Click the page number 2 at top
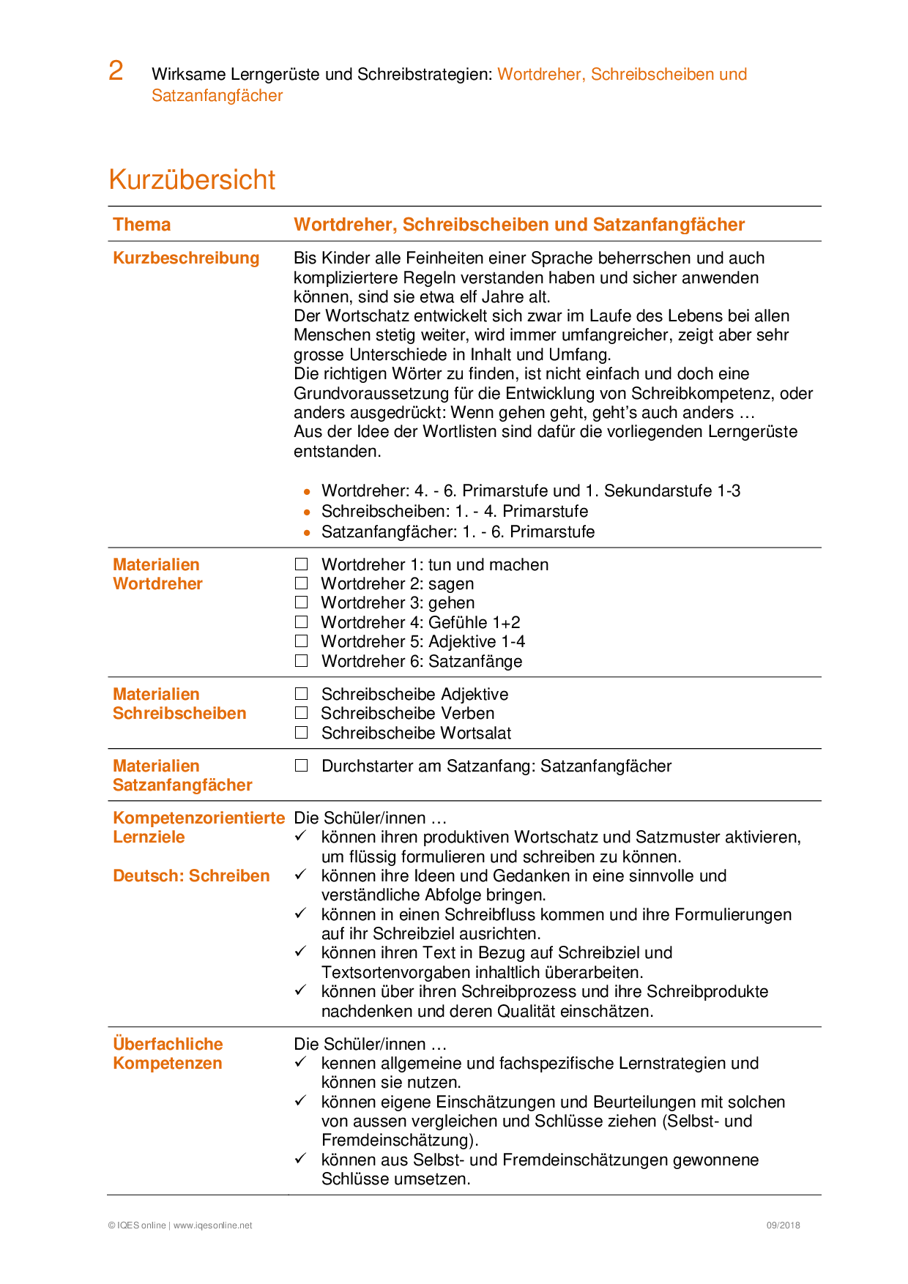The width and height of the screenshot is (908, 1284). [x=116, y=71]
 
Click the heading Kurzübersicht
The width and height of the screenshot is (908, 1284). [x=192, y=179]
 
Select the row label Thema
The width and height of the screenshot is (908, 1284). [x=141, y=225]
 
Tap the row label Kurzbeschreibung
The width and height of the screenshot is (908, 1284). [x=186, y=258]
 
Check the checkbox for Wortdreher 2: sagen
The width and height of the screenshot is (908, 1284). [x=301, y=583]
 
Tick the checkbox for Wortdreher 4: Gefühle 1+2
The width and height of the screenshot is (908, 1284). [x=301, y=622]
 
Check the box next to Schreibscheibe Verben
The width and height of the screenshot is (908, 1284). [x=301, y=713]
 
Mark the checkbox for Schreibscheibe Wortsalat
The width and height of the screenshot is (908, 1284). [x=301, y=733]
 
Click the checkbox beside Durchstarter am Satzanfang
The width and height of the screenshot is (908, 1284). [x=301, y=766]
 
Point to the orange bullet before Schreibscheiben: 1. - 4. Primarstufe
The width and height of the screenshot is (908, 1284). [x=307, y=512]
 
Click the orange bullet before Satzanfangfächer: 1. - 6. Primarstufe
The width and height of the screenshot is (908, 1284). [x=307, y=533]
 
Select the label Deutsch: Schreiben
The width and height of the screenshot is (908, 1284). [x=191, y=876]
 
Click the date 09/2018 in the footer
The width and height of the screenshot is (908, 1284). [x=783, y=1225]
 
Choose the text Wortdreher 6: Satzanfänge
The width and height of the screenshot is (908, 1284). [x=422, y=661]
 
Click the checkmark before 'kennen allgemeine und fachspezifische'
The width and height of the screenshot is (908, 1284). [x=300, y=1062]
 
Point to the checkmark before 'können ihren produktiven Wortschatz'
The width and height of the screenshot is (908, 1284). [x=300, y=836]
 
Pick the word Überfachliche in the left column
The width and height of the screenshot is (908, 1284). [x=168, y=1044]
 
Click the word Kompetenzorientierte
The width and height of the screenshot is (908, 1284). [x=198, y=818]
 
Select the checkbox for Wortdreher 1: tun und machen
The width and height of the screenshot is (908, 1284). [x=301, y=564]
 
